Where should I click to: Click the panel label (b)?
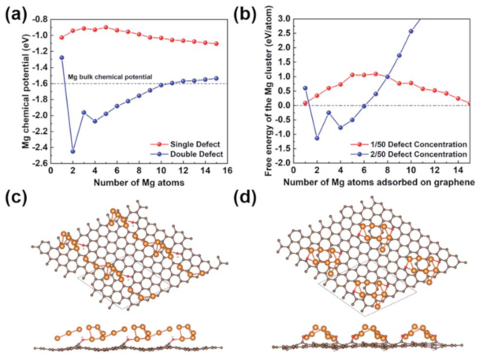256,9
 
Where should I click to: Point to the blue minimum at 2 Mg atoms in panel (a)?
72,151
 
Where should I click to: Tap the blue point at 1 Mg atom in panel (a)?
61,58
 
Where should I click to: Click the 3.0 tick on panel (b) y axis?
286,17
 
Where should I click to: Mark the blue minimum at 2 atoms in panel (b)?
317,139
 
